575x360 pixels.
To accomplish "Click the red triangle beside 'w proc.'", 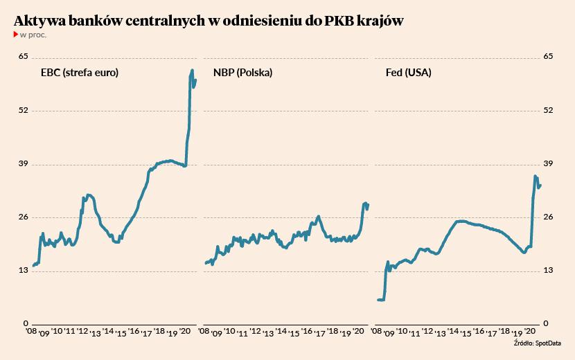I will pyautogui.click(x=16, y=34).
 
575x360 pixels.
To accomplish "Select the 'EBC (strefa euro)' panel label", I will pyautogui.click(x=78, y=73).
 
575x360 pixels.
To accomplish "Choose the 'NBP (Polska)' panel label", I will pyautogui.click(x=243, y=73).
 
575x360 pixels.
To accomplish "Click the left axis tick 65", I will pyautogui.click(x=23, y=56).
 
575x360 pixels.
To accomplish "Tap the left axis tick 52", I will pyautogui.click(x=23, y=110).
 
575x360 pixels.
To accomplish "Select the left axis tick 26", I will pyautogui.click(x=23, y=217).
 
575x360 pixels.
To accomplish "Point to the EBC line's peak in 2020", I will pyautogui.click(x=192, y=70).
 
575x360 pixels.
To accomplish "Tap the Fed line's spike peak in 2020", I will pyautogui.click(x=536, y=176).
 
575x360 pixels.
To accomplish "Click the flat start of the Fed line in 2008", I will pyautogui.click(x=380, y=300).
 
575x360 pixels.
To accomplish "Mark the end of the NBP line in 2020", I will pyautogui.click(x=368, y=204).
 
